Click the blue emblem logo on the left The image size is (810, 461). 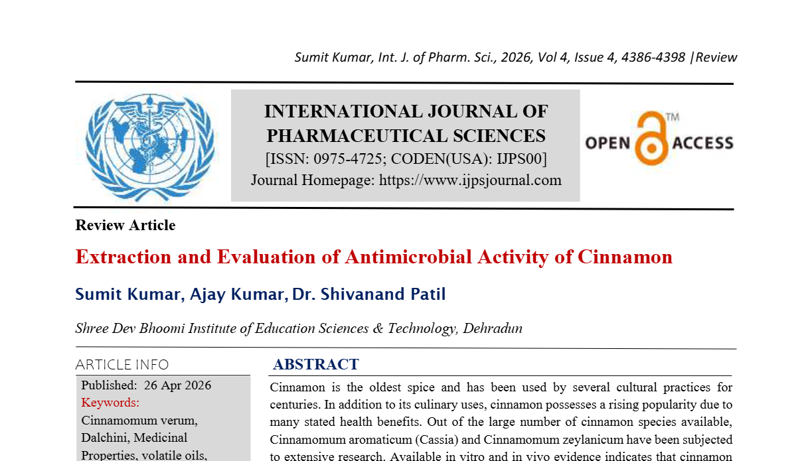(150, 147)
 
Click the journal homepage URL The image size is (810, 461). (470, 180)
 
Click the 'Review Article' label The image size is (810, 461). (125, 226)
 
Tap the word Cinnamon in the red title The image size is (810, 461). (625, 257)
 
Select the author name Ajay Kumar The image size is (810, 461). (236, 294)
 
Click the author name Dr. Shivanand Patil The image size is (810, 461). (369, 294)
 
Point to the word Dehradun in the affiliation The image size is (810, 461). (492, 328)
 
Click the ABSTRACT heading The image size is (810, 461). (315, 364)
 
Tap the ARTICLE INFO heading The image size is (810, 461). (122, 365)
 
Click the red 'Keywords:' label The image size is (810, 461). (110, 403)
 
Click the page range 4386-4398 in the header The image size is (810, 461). (653, 57)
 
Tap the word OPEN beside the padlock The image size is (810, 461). (607, 143)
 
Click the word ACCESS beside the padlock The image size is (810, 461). (702, 143)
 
